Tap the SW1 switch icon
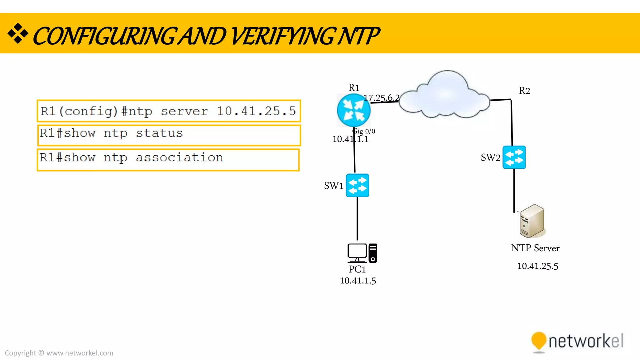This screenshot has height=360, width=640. pyautogui.click(x=357, y=185)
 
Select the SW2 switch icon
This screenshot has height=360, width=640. pyautogui.click(x=514, y=157)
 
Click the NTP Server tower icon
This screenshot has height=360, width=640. pyautogui.click(x=532, y=221)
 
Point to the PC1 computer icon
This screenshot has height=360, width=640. pyautogui.click(x=362, y=253)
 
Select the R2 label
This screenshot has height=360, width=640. pyautogui.click(x=524, y=91)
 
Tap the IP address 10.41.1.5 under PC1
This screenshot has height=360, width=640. pyautogui.click(x=358, y=281)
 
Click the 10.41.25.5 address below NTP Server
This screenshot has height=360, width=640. pyautogui.click(x=537, y=266)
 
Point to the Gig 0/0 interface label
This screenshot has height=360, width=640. pyautogui.click(x=364, y=131)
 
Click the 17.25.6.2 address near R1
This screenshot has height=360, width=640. pyautogui.click(x=382, y=98)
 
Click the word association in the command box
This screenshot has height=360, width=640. pyautogui.click(x=179, y=157)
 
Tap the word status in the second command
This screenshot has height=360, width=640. pyautogui.click(x=159, y=133)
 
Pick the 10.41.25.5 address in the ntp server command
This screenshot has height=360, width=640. pyautogui.click(x=256, y=111)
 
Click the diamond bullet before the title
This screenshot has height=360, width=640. pyautogui.click(x=18, y=33)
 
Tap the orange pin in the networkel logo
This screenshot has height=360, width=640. pyautogui.click(x=538, y=340)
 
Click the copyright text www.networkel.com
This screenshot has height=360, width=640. pyautogui.click(x=80, y=353)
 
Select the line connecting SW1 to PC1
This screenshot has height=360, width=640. pyautogui.click(x=357, y=219)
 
